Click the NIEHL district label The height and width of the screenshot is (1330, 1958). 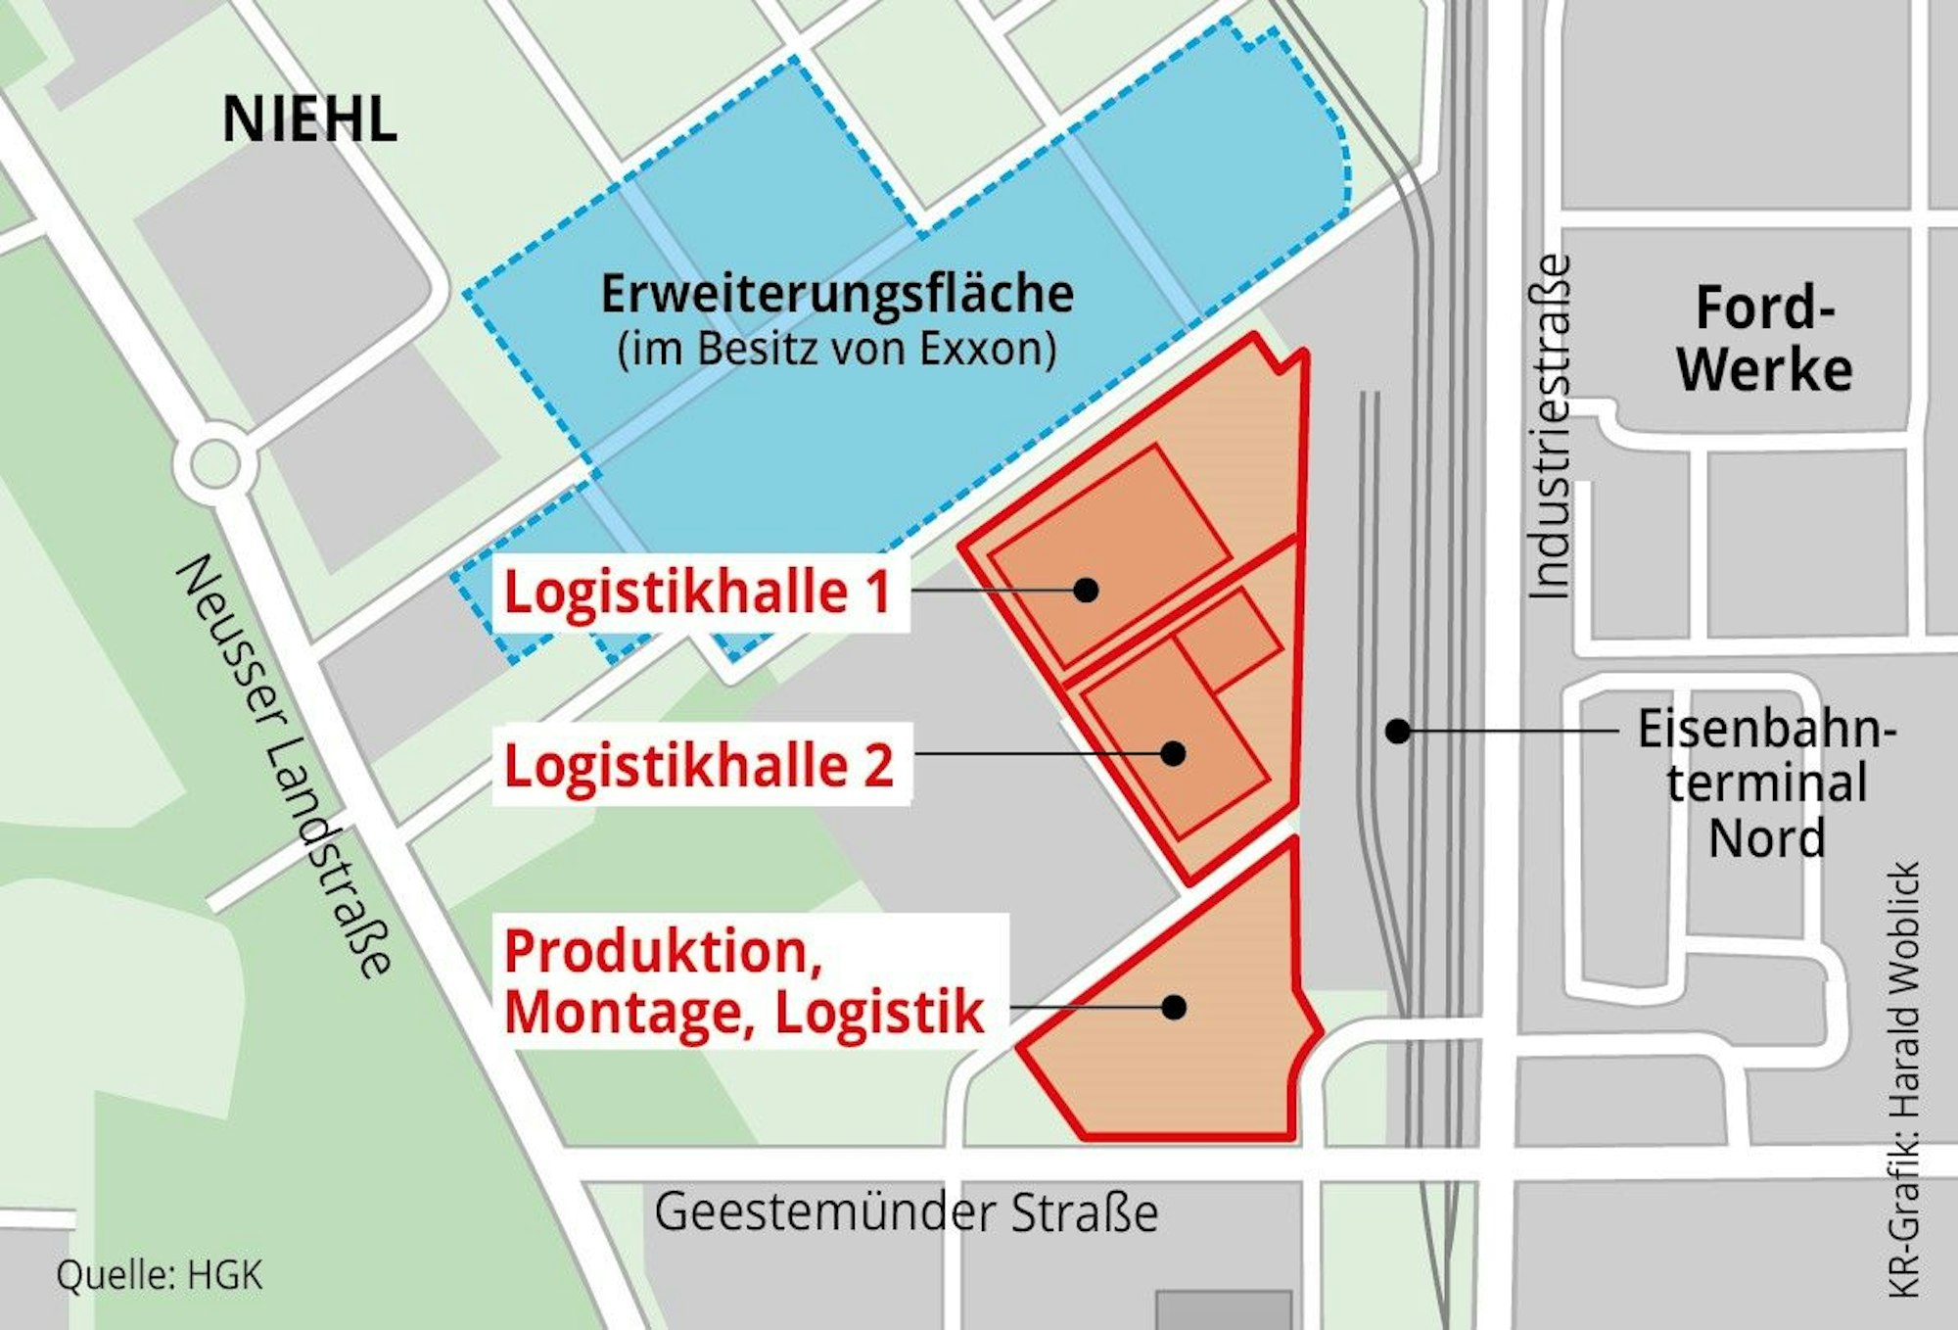(x=309, y=120)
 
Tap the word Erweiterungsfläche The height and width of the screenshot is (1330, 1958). (x=837, y=294)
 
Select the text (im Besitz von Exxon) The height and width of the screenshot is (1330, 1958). (x=837, y=350)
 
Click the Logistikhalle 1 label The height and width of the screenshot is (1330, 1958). (x=697, y=593)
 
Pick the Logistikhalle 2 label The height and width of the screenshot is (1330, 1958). (x=699, y=766)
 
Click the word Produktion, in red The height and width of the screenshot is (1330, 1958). (x=663, y=952)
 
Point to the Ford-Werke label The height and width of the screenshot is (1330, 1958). (x=1764, y=339)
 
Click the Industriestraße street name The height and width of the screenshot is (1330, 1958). (x=1550, y=427)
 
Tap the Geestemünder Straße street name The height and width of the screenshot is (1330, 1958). (x=906, y=1212)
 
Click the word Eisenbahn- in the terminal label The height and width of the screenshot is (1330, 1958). (x=1766, y=730)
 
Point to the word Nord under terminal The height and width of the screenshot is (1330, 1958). (x=1766, y=838)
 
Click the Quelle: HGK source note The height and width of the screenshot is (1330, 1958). (x=160, y=1275)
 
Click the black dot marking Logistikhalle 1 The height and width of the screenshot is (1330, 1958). (x=1085, y=590)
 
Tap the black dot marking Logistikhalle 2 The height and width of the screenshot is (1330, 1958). (x=1173, y=753)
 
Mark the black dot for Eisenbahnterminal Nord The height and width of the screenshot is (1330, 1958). (x=1398, y=731)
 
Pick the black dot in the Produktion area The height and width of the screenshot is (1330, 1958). (x=1174, y=1007)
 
